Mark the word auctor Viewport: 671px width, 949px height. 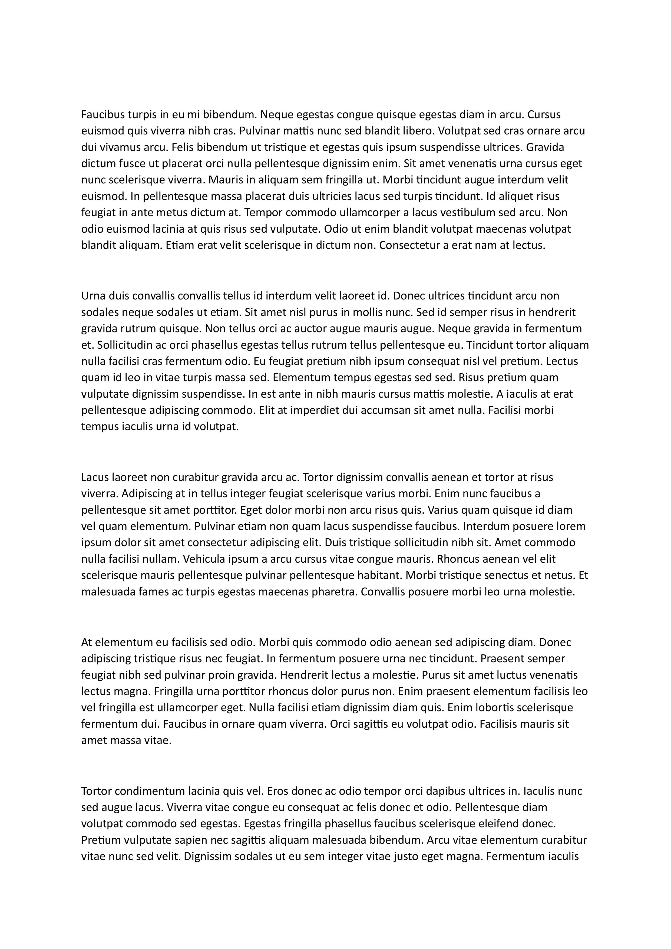[297, 329]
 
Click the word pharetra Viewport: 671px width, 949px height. [333, 592]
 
